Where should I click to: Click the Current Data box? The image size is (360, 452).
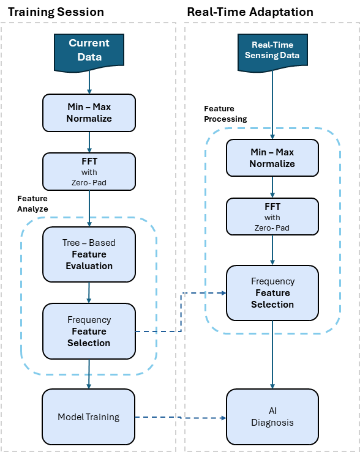[x=89, y=52]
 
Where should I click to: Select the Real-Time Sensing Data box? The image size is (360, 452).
[x=272, y=52]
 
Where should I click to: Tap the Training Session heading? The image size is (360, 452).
[x=56, y=12]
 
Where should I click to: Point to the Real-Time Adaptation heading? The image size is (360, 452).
[x=250, y=12]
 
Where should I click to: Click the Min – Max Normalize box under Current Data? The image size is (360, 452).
[x=89, y=113]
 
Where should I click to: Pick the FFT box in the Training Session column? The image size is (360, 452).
[x=89, y=171]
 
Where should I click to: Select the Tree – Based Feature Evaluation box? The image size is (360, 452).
[x=89, y=254]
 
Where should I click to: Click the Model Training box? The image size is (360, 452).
[x=89, y=417]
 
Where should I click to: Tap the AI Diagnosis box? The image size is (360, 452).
[x=272, y=417]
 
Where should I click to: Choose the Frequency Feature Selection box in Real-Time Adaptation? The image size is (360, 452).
[x=272, y=293]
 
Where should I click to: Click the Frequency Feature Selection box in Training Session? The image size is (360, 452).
[x=89, y=332]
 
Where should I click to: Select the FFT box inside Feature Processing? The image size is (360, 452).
[x=272, y=217]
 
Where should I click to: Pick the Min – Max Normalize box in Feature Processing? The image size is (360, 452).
[x=272, y=158]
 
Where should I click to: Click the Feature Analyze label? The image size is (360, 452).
[x=32, y=204]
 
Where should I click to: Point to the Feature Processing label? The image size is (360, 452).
[x=225, y=114]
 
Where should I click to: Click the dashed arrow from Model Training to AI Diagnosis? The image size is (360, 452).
[x=181, y=417]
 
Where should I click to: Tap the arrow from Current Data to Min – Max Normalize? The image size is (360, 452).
[x=89, y=83]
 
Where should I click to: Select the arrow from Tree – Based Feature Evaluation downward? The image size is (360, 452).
[x=89, y=292]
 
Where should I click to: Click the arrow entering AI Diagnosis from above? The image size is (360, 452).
[x=272, y=355]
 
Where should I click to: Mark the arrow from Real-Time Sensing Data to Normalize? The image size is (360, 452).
[x=272, y=105]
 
